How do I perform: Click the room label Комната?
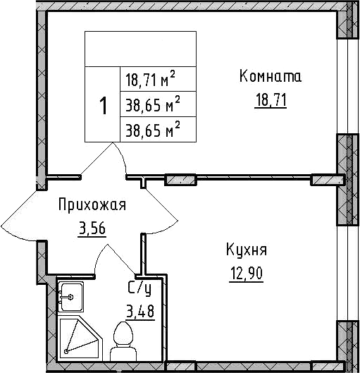point(270,76)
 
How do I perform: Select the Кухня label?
point(247,250)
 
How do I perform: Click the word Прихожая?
point(92,205)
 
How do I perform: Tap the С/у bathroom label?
point(138,288)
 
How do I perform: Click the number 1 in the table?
point(103,106)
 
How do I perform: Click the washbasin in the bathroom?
point(70,296)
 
